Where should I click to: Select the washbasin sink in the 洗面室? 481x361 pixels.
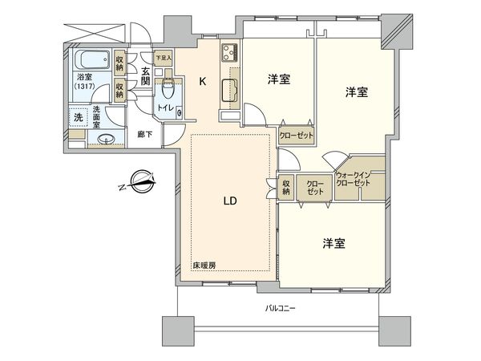(103, 140)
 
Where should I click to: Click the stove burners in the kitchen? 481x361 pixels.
(226, 54)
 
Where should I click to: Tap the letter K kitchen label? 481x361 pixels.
(202, 80)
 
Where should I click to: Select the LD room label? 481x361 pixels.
(228, 201)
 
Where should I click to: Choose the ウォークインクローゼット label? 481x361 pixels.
(354, 180)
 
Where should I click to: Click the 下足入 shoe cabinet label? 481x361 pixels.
(164, 58)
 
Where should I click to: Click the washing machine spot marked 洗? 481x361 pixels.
(79, 116)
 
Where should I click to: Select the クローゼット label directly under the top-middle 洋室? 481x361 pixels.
(297, 136)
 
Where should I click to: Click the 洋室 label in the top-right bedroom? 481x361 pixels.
(357, 92)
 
